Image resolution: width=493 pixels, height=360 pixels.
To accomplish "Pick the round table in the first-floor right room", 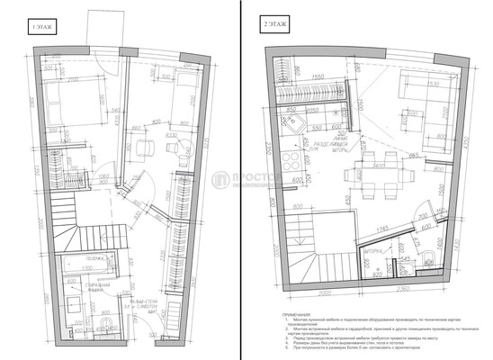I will click(178, 149).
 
